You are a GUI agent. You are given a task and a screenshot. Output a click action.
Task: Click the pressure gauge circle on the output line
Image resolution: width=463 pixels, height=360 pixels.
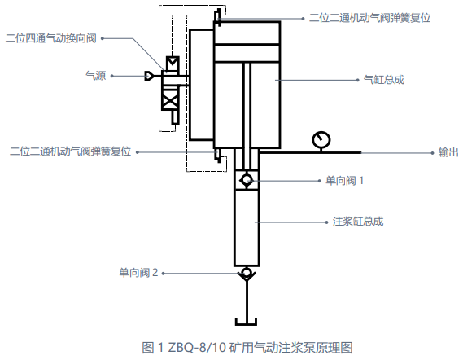321,140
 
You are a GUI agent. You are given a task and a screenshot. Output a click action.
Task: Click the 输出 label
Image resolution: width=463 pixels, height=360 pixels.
448,152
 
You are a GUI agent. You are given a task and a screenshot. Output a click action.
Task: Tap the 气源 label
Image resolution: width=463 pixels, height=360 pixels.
96,76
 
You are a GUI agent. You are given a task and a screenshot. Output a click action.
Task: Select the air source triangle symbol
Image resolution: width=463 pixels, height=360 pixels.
149,76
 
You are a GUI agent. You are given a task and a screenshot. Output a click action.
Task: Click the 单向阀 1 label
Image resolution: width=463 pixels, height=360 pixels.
344,181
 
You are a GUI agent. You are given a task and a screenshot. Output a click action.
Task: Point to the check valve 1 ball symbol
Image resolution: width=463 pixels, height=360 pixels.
247,180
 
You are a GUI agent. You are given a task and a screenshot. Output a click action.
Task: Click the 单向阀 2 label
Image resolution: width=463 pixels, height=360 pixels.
138,273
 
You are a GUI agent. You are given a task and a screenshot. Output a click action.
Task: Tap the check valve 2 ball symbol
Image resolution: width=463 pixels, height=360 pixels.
247,272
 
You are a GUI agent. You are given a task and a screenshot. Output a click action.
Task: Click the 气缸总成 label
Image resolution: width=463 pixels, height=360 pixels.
383,80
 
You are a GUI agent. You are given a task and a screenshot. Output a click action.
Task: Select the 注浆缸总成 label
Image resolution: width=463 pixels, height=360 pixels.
358,222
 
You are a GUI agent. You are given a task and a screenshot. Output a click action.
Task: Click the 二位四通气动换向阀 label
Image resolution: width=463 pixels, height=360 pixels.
51,38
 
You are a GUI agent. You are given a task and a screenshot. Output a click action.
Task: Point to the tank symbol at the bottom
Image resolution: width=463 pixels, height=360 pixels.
246,322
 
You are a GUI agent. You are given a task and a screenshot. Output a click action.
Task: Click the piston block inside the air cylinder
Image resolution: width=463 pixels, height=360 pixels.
247,53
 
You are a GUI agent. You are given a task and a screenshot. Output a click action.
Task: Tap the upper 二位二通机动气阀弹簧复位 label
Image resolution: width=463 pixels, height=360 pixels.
369,18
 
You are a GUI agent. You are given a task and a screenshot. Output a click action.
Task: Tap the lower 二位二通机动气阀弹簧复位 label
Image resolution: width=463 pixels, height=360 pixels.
70,151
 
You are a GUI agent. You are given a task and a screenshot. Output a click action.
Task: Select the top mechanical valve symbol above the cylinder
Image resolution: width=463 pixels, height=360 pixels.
217,16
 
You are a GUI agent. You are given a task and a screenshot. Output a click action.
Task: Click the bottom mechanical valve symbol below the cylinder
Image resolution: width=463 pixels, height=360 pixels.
218,155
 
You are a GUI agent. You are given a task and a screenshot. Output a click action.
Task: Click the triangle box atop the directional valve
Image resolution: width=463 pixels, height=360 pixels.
173,64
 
